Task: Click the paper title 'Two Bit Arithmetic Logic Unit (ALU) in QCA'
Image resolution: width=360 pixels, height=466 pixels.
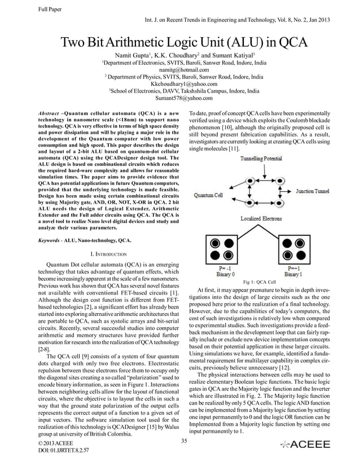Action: [179, 43]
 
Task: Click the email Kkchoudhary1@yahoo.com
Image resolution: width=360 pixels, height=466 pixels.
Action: [179, 83]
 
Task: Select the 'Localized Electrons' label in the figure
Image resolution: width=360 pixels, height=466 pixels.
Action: [262, 218]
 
